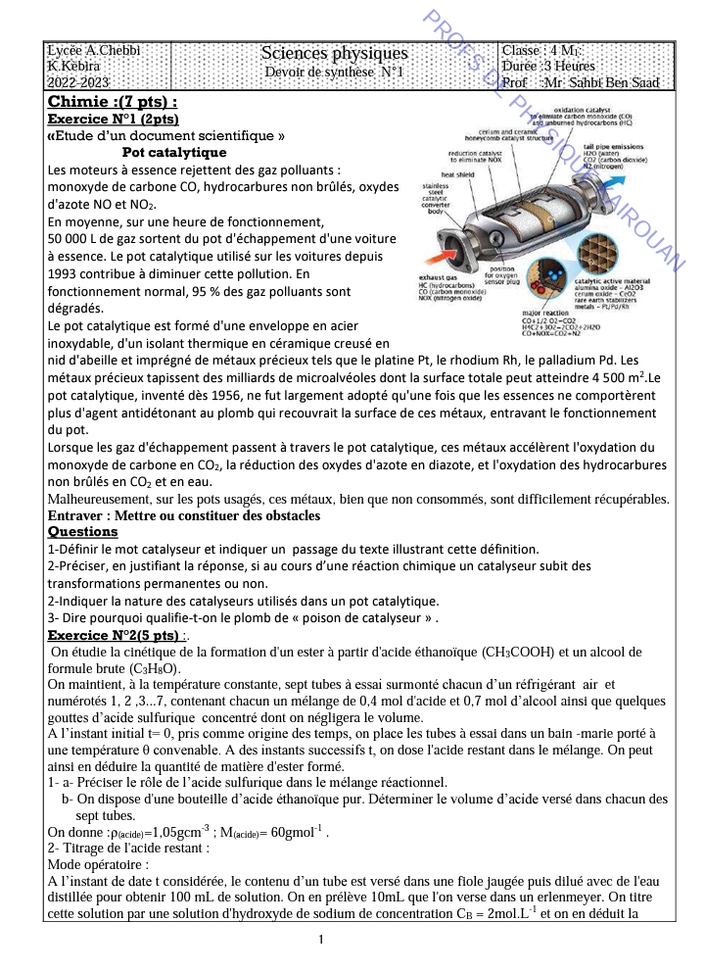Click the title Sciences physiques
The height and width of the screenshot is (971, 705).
pos(334,53)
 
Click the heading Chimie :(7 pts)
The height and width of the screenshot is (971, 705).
pos(113,101)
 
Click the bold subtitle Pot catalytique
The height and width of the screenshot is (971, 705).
pos(174,153)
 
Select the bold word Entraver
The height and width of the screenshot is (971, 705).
pos(81,515)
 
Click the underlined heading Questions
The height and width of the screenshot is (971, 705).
pos(83,532)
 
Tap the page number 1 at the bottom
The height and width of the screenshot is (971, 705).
pos(322,940)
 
